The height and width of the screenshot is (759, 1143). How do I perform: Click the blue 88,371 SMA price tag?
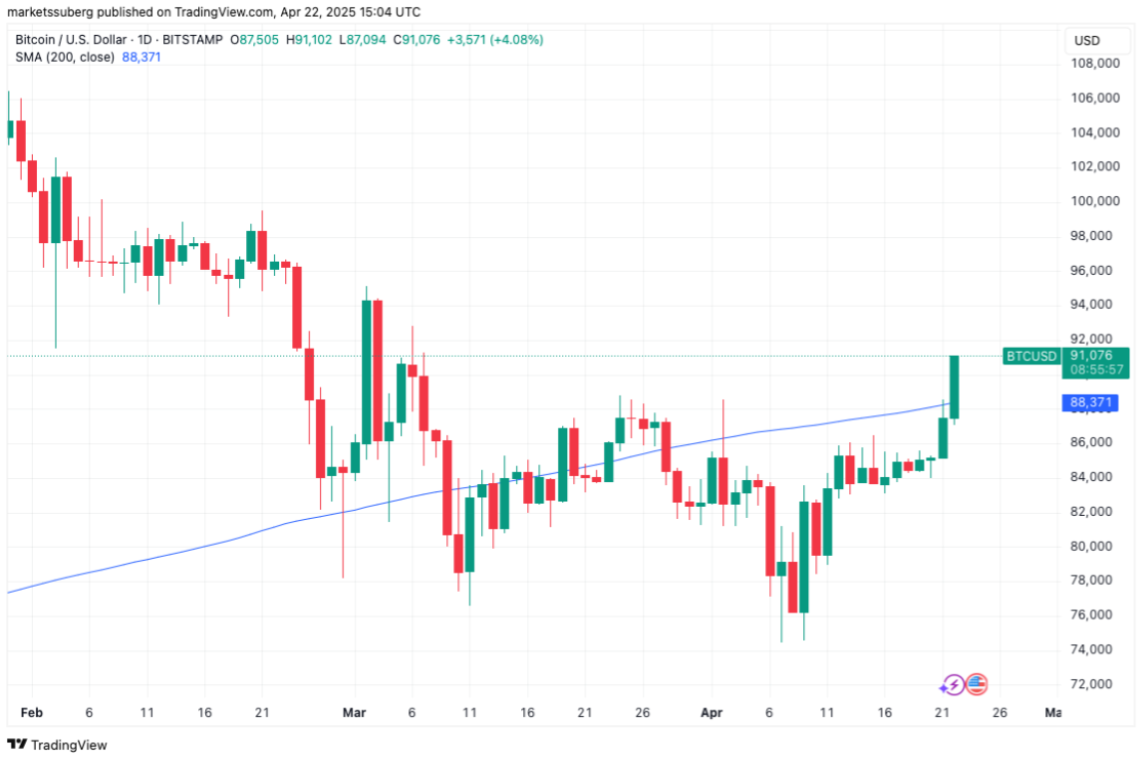[x=1090, y=402]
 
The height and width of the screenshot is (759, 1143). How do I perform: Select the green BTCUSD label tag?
[x=1031, y=356]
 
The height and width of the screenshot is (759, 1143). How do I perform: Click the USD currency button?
[x=1086, y=41]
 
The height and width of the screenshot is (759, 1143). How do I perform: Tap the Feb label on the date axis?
[x=31, y=713]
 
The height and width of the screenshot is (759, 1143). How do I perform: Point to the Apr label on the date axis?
[x=710, y=713]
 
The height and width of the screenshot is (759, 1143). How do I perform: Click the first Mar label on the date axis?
[x=354, y=713]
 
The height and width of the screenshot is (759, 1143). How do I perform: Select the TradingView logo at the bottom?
[x=58, y=744]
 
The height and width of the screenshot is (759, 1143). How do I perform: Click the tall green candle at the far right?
[x=954, y=386]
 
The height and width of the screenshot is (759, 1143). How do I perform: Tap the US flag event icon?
[x=977, y=684]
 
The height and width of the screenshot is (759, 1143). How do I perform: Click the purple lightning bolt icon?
[x=953, y=684]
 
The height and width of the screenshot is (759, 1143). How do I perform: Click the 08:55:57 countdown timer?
[x=1096, y=370]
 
